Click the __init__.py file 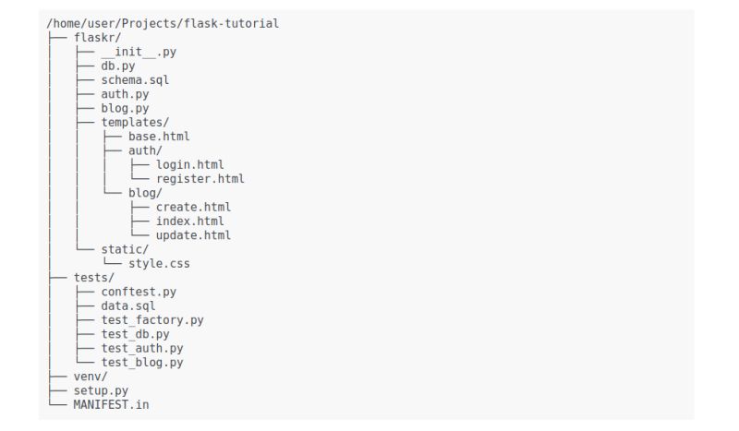pos(139,52)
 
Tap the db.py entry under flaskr pos(118,66)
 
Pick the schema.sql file pos(135,80)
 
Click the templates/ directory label pos(135,122)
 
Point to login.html pos(189,164)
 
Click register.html pos(200,179)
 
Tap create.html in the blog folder pos(193,207)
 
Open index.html pos(189,221)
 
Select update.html pos(193,235)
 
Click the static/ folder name pos(125,249)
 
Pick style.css pos(159,264)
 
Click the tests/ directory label pos(94,278)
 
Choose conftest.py pos(139,292)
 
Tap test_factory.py pos(152,320)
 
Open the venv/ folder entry pos(91,377)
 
